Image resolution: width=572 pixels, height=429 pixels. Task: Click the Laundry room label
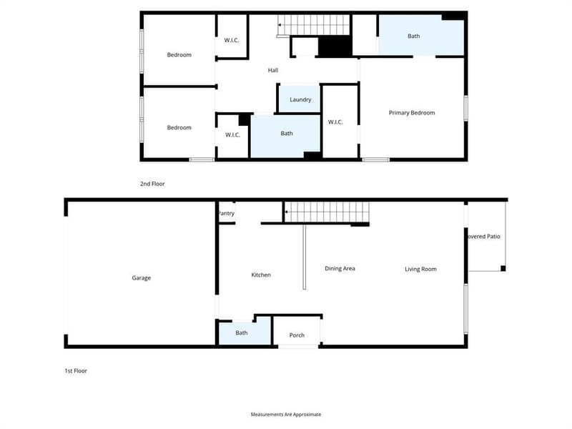pos(300,99)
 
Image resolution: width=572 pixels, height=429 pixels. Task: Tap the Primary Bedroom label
pos(412,113)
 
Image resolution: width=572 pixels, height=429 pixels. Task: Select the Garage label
pos(141,278)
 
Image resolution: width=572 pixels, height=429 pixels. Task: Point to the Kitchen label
pos(261,275)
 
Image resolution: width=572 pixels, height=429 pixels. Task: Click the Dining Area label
pos(340,269)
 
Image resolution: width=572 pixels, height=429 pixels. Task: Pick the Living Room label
pos(420,270)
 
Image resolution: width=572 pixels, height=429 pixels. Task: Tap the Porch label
pos(297,335)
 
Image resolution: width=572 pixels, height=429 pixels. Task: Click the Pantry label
pos(226,213)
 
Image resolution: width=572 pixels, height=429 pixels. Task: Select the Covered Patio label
pos(484,237)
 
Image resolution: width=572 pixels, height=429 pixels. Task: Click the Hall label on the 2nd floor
pos(273,70)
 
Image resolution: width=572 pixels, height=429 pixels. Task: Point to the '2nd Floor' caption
pos(152,184)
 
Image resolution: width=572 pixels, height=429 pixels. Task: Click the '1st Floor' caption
pos(76,370)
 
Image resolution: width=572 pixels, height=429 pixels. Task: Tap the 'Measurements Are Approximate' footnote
pos(286,415)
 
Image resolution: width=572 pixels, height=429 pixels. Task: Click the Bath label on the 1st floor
pos(242,332)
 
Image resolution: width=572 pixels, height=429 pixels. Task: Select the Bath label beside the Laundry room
pos(287,134)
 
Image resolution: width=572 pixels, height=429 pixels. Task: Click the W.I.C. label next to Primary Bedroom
pos(335,122)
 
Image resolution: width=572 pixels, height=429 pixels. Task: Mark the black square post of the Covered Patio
pos(503,269)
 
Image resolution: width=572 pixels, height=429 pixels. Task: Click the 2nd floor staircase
pos(314,25)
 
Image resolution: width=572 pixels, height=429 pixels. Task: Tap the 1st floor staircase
pos(327,212)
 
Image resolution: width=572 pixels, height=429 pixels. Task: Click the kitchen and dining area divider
pos(305,257)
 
